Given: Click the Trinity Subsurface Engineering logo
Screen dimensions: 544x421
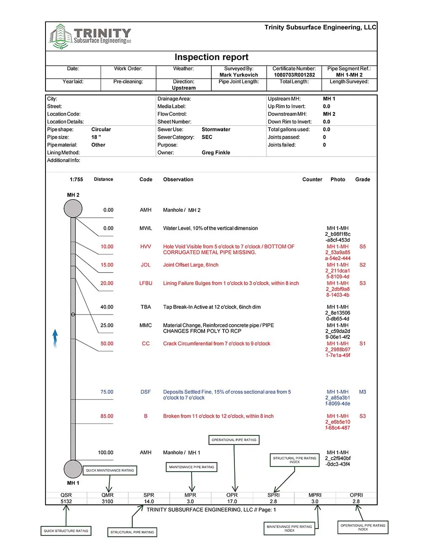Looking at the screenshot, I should [90, 36].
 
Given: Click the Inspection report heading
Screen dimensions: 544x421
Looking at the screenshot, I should [211, 57].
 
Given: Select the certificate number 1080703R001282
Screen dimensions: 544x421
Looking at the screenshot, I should [294, 75].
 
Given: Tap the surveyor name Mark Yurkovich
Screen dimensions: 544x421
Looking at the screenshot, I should [239, 75].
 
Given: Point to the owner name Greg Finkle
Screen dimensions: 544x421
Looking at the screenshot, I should [216, 152].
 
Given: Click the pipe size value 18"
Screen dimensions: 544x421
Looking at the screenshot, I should [96, 137].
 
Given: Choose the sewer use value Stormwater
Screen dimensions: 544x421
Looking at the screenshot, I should [216, 130].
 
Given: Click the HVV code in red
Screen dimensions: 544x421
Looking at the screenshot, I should [146, 247].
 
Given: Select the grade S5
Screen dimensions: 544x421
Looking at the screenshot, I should [362, 247].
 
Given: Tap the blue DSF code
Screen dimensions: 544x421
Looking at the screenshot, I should [146, 392].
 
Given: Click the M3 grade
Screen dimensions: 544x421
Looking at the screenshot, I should [362, 392].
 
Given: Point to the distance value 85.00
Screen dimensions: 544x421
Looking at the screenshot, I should [107, 416].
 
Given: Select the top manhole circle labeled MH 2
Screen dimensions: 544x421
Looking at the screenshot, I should [73, 208].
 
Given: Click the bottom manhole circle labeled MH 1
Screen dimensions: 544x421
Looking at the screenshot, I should [73, 469].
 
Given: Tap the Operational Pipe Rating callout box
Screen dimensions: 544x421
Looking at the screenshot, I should [234, 440].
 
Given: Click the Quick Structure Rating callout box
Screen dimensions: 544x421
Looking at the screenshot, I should [66, 531].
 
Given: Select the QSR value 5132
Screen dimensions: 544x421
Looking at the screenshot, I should [66, 501].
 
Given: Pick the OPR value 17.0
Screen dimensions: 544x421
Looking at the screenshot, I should [232, 501].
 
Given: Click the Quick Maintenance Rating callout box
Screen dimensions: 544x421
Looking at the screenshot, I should [110, 470].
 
